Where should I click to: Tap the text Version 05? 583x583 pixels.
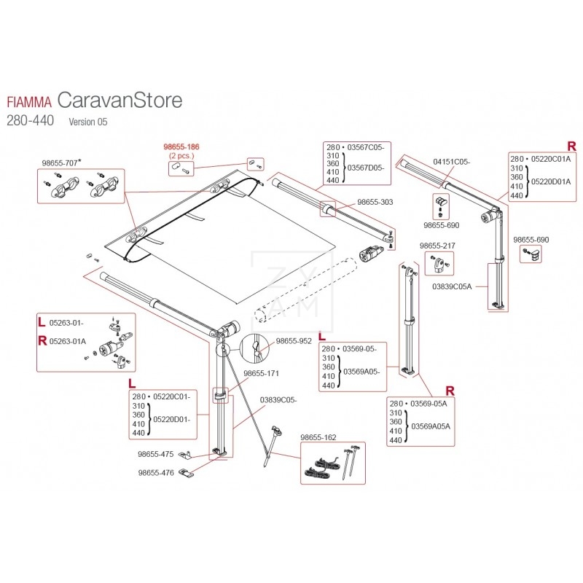[x=87, y=122]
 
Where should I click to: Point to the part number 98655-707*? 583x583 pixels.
[x=60, y=163]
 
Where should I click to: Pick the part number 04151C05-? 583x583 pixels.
[x=452, y=162]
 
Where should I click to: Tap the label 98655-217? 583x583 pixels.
[x=438, y=246]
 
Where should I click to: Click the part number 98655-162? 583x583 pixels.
[x=318, y=437]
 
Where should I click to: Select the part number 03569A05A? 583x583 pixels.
[x=431, y=426]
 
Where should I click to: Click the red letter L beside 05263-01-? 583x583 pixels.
[x=41, y=321]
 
